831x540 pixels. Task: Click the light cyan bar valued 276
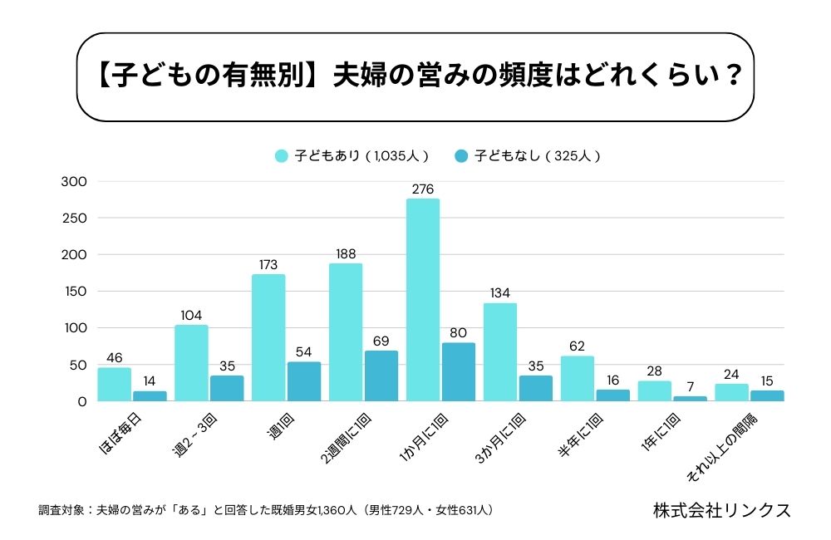(423, 300)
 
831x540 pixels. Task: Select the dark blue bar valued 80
(459, 372)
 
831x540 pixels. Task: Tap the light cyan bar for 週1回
(268, 338)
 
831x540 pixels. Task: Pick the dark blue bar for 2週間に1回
(381, 376)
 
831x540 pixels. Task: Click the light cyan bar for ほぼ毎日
(114, 385)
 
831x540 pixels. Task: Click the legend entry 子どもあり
(352, 155)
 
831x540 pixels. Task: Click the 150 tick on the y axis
(75, 292)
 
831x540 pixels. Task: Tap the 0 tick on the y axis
(81, 401)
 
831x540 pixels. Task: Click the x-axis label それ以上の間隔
(732, 449)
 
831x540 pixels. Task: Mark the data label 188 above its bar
(346, 253)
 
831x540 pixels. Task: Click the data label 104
(191, 315)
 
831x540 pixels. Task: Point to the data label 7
(691, 386)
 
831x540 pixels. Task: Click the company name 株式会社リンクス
(721, 509)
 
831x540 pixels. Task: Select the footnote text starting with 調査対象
(266, 509)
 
